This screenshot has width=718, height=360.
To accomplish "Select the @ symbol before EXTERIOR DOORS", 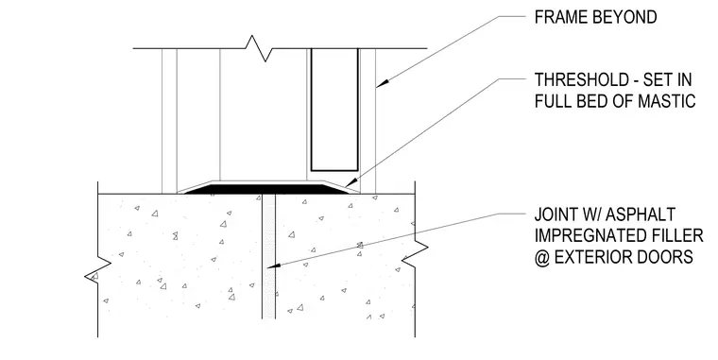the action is click(x=541, y=257).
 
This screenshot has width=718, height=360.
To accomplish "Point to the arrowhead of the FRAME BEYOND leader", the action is click(x=383, y=83).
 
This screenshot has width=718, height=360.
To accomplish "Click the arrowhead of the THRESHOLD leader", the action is click(x=350, y=181).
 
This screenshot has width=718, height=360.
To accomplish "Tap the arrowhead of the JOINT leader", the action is click(x=274, y=265).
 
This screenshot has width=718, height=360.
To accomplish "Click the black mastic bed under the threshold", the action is click(x=266, y=188).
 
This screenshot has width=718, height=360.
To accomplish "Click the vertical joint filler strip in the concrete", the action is click(x=269, y=256).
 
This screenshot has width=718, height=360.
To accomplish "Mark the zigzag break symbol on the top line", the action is click(x=257, y=48).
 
